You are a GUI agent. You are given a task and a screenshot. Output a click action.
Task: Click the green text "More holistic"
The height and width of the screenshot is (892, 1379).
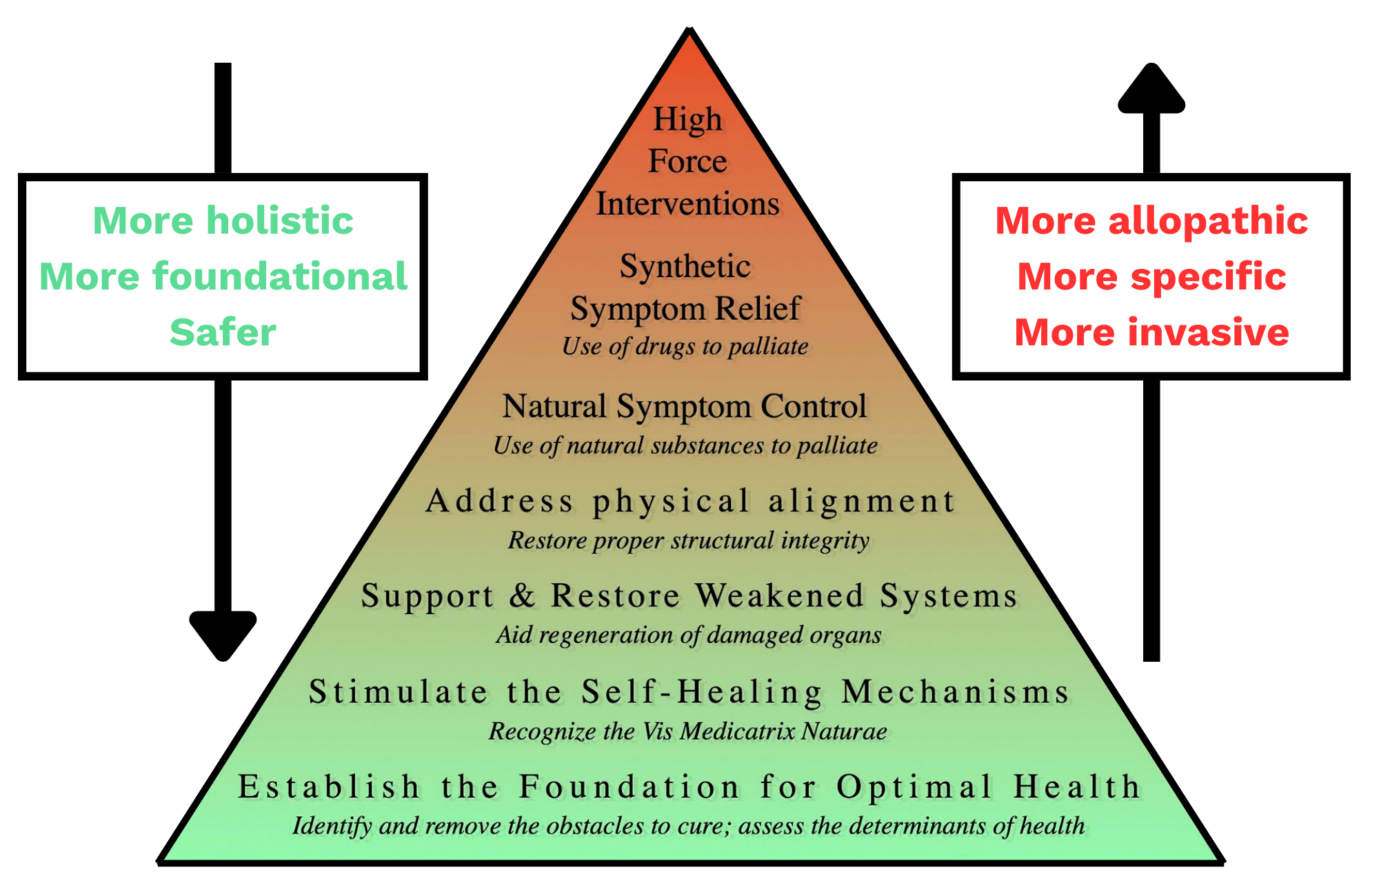pyautogui.click(x=223, y=221)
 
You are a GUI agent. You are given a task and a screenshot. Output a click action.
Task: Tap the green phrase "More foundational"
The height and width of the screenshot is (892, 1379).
pyautogui.click(x=223, y=276)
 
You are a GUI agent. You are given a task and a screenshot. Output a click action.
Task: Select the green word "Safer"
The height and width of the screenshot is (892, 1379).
pyautogui.click(x=223, y=332)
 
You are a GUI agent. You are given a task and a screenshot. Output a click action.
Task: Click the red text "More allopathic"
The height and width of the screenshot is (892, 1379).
pyautogui.click(x=1151, y=221)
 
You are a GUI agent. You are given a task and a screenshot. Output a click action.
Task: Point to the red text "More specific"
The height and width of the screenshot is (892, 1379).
pyautogui.click(x=1151, y=277)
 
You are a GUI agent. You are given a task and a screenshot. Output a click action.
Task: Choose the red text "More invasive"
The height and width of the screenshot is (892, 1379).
pyautogui.click(x=1151, y=332)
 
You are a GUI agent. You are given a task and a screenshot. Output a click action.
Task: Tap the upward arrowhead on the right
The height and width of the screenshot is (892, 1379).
pyautogui.click(x=1151, y=88)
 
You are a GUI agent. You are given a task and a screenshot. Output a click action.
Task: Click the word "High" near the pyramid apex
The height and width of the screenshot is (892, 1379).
pyautogui.click(x=687, y=120)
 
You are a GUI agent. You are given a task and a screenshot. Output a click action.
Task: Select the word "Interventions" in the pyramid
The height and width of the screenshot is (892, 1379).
pyautogui.click(x=687, y=204)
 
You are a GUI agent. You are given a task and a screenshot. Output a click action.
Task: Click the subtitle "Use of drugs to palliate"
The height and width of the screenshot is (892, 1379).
pyautogui.click(x=685, y=347)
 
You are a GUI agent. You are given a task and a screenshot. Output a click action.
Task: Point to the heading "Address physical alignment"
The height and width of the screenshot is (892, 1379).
pyautogui.click(x=690, y=502)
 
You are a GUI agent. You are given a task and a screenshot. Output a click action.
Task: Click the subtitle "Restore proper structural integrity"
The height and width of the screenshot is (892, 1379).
pyautogui.click(x=689, y=541)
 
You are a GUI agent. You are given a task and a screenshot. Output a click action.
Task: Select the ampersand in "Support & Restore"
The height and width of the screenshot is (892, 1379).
pyautogui.click(x=522, y=596)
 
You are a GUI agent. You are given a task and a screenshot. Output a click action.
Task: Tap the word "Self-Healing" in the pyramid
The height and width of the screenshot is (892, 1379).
pyautogui.click(x=702, y=692)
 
